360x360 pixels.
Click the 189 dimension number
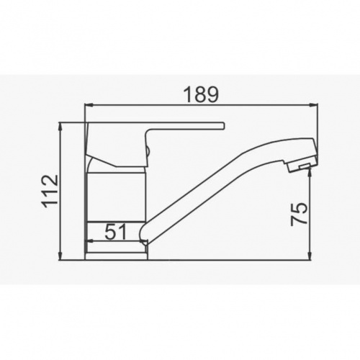[201, 94]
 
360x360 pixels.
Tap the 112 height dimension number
[50, 189]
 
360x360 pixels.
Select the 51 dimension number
[116, 232]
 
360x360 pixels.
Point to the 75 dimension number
[299, 214]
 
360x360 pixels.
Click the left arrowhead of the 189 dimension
[89, 104]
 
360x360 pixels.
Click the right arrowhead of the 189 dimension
[313, 104]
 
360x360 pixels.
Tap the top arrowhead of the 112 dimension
[61, 127]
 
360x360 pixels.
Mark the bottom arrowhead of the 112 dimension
[61, 256]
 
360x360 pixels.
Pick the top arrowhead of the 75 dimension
[310, 171]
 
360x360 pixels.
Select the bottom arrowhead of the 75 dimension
[310, 256]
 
